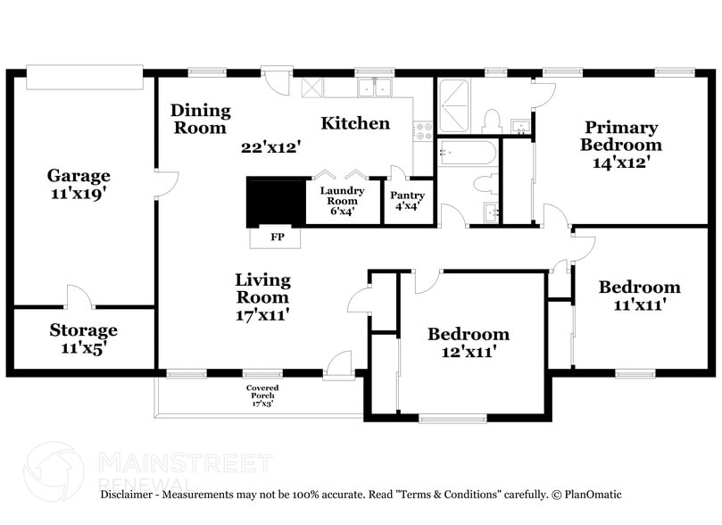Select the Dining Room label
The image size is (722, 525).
pyautogui.click(x=200, y=119)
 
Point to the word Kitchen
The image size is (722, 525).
pyautogui.click(x=355, y=123)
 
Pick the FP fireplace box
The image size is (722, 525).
pyautogui.click(x=277, y=238)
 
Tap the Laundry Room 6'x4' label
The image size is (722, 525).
pyautogui.click(x=343, y=201)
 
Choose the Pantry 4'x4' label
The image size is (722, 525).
pyautogui.click(x=407, y=200)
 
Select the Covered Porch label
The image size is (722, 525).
pyautogui.click(x=262, y=396)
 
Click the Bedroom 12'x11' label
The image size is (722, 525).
pyautogui.click(x=469, y=342)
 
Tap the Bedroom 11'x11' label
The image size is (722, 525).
pyautogui.click(x=639, y=295)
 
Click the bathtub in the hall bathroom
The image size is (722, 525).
pyautogui.click(x=468, y=153)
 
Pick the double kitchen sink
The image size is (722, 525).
pyautogui.click(x=375, y=87)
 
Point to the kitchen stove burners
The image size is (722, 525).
pyautogui.click(x=424, y=132)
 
